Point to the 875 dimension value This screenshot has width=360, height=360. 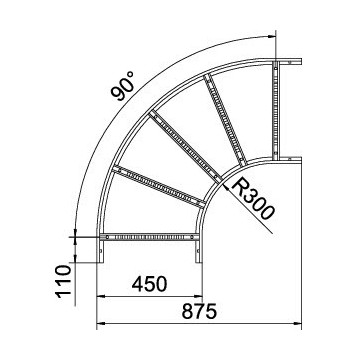(x=199, y=314)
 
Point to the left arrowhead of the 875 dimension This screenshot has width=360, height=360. (x=101, y=326)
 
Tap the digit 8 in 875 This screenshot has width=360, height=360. (x=186, y=314)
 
